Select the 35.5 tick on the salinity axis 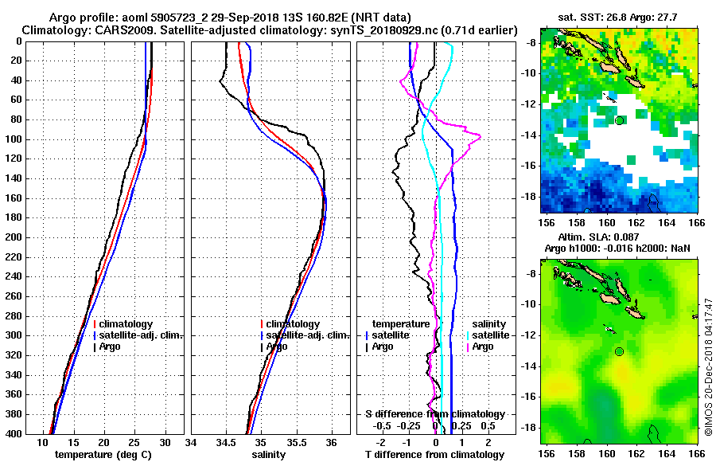pos(296,442)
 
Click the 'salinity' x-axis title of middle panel pos(271,454)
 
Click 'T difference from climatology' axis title pos(435,454)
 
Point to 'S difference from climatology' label pos(435,414)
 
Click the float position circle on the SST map pos(620,119)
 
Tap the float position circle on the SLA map pos(620,351)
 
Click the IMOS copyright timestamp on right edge pos(708,366)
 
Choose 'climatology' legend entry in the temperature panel pos(123,324)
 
